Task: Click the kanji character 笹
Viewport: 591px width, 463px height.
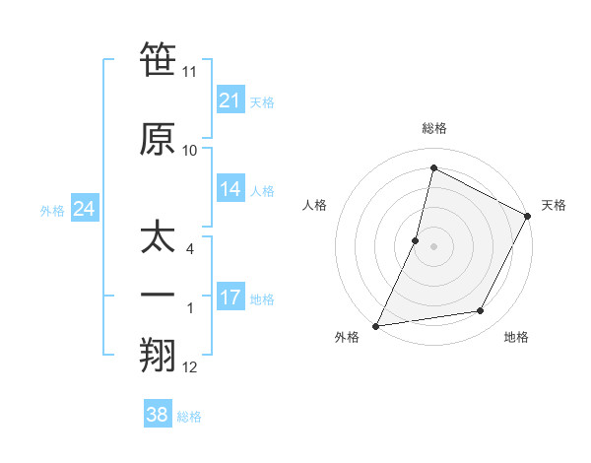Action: pos(158,61)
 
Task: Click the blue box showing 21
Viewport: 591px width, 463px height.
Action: pos(230,100)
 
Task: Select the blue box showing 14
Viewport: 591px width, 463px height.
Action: pos(230,190)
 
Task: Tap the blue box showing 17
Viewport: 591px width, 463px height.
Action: pos(230,298)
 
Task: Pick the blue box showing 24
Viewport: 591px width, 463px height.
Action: pos(84,209)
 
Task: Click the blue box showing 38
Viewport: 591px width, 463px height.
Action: pos(157,415)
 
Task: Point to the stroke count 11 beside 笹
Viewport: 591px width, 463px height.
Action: pos(190,72)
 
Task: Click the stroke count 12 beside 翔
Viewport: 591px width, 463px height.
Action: pos(190,367)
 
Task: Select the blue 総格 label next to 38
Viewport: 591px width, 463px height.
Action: pos(189,417)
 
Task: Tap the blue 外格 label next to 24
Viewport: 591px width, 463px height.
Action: pos(52,211)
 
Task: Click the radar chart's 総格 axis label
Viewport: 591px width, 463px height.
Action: pos(433,128)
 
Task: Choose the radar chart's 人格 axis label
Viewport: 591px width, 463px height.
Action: pos(314,205)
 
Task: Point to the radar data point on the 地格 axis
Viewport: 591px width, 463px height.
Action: pos(481,311)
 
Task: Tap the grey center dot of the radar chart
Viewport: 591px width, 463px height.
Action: pos(433,246)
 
